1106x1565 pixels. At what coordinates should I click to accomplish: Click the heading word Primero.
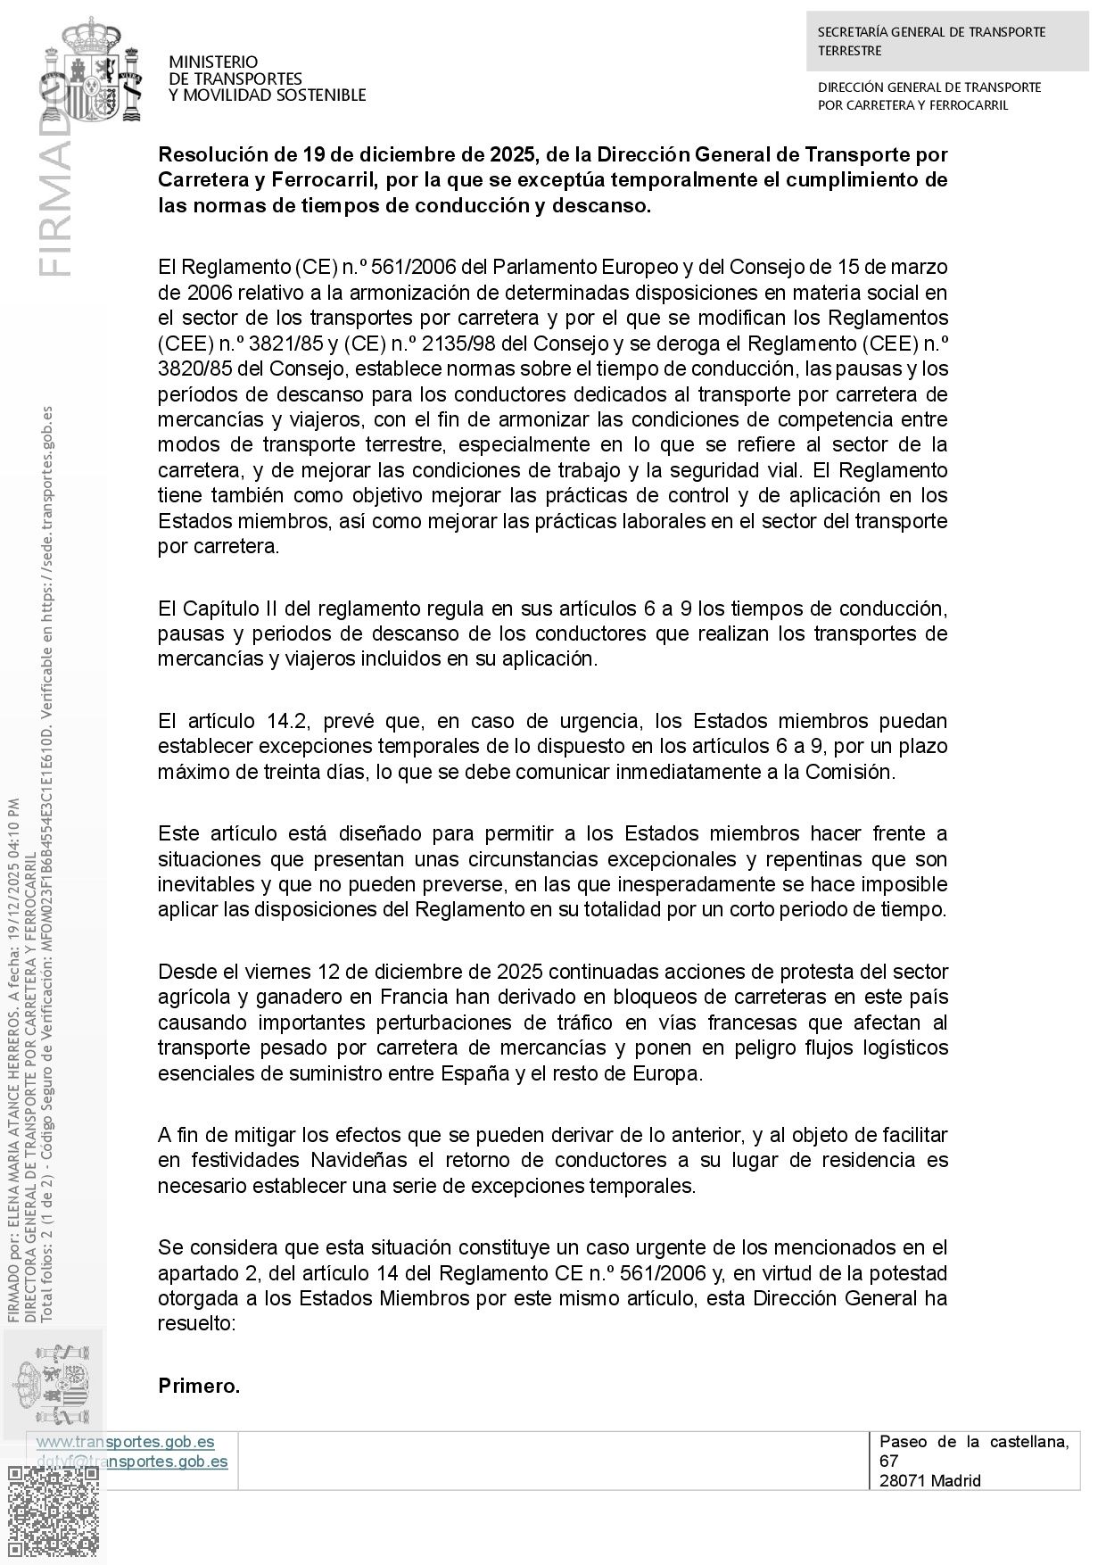pos(199,1386)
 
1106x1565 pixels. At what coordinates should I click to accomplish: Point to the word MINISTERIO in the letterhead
pos(213,62)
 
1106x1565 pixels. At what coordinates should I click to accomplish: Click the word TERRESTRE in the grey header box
pos(849,51)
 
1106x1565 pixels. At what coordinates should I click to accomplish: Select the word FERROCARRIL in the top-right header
pos(969,105)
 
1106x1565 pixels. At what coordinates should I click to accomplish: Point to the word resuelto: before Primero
pos(196,1324)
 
